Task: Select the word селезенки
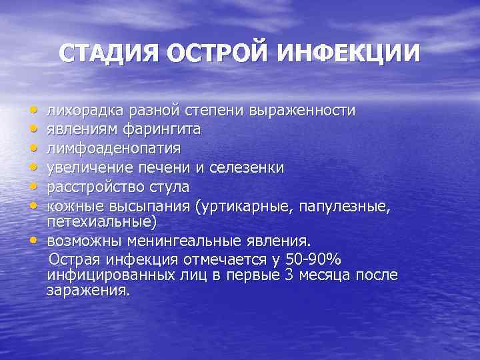point(246,167)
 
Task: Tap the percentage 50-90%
point(313,259)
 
